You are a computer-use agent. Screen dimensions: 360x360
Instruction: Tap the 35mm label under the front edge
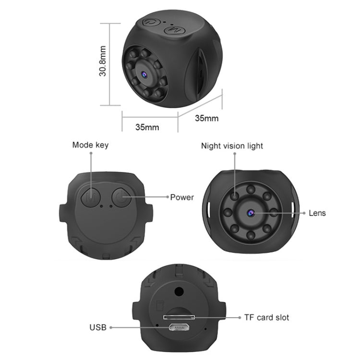(x=147, y=127)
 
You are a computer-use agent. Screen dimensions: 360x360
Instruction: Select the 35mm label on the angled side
(x=207, y=118)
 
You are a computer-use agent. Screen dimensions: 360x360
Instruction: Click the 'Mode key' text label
(x=90, y=145)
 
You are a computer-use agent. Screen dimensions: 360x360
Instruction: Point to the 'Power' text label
(x=182, y=197)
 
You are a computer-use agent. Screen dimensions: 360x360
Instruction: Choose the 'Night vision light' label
(x=232, y=146)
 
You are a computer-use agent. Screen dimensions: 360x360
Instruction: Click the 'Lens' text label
(x=317, y=213)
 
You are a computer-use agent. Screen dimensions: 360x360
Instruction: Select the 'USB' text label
(x=98, y=328)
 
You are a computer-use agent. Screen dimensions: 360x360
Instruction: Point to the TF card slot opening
(x=179, y=317)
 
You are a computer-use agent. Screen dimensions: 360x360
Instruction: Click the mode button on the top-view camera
(x=90, y=196)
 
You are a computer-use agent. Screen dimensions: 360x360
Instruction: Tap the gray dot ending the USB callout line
(x=111, y=328)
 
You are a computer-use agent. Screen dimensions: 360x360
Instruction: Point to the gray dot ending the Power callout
(x=167, y=197)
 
